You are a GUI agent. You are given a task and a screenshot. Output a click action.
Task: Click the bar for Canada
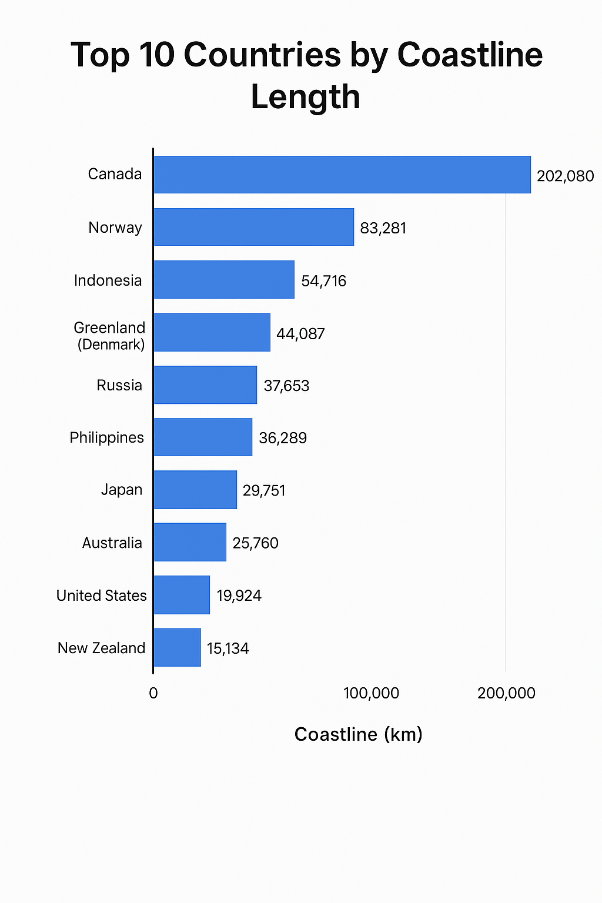point(342,175)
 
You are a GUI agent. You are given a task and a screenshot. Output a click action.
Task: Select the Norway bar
point(253,227)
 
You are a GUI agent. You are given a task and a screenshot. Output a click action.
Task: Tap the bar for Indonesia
point(223,280)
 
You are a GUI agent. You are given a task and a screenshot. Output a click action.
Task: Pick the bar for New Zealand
point(177,647)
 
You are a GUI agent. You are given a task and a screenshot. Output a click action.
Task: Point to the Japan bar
point(195,490)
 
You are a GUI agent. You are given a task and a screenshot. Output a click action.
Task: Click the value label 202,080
point(565,176)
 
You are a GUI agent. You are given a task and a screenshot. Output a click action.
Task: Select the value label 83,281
point(383,228)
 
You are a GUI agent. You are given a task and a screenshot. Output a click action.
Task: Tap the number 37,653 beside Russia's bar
point(286,386)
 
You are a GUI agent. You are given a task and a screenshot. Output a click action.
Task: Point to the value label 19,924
point(239,596)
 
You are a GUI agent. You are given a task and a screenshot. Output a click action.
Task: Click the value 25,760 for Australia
point(255,543)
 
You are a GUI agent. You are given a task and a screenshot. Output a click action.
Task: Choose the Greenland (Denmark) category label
point(110,336)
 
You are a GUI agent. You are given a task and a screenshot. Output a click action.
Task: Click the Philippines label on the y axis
point(106,437)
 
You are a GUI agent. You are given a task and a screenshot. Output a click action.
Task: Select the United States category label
point(101,596)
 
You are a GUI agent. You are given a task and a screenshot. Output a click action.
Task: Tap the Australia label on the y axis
point(112,543)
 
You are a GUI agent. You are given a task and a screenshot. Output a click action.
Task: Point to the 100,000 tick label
point(371,693)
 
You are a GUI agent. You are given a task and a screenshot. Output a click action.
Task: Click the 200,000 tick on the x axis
point(506,693)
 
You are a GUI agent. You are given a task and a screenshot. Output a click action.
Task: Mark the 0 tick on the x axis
point(153,693)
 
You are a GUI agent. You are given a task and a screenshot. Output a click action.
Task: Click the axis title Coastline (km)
point(358,734)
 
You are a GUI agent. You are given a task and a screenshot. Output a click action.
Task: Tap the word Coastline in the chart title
point(470,55)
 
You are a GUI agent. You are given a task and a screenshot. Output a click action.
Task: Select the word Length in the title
point(305,97)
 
